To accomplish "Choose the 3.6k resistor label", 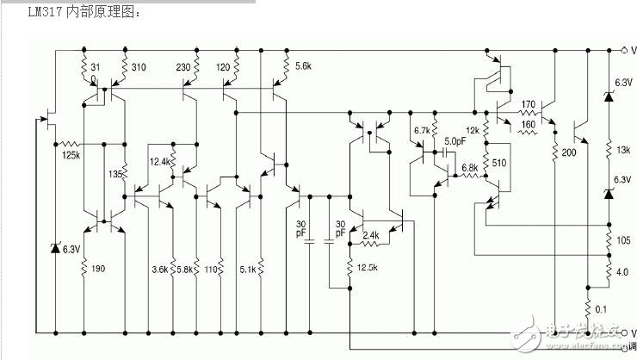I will coord(160,270).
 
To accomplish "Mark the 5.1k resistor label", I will coord(246,270).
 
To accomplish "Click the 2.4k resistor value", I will coord(371,234).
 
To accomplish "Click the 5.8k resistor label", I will coord(183,270).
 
